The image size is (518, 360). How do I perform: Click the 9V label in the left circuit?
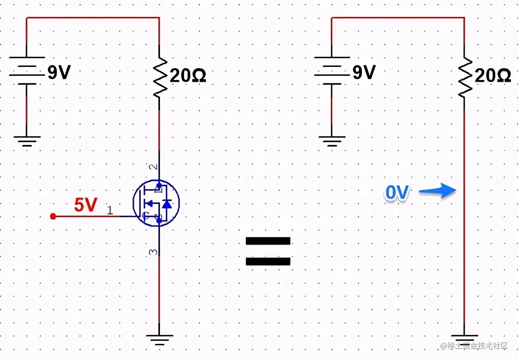pos(58,73)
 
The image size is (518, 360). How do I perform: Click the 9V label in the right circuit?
pos(364,73)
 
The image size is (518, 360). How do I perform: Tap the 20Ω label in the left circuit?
pos(187,76)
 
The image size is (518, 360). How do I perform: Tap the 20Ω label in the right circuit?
pos(493,76)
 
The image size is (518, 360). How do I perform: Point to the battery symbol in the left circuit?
pos(27,71)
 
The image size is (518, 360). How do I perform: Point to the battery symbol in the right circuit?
pos(332,71)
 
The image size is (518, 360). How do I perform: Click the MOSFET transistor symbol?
pos(156,204)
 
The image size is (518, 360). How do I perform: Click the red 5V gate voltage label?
pos(85,205)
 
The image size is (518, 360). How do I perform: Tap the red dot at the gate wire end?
pos(53,216)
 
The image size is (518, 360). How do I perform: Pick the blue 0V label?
pos(397,193)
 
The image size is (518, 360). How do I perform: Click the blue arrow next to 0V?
pos(438,192)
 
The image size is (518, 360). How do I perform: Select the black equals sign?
pos(268,251)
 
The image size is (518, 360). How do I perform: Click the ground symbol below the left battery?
pos(27,141)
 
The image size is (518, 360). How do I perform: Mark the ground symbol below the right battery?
pos(332,141)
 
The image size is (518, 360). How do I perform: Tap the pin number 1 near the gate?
pos(110,210)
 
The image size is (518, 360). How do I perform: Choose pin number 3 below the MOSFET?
pos(153,252)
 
